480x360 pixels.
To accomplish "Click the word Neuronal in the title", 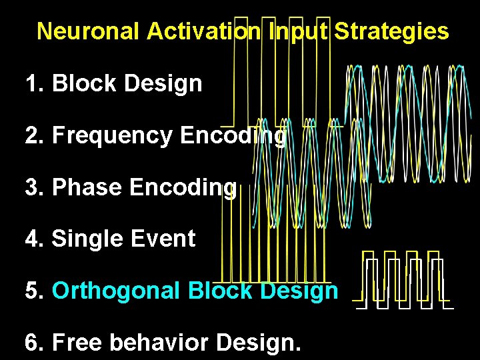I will point(89,31).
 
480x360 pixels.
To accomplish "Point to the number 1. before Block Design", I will point(35,84).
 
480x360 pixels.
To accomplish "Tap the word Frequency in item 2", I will point(113,136).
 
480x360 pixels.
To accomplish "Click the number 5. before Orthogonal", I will point(35,291).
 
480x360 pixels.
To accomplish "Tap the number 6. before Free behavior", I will point(35,343).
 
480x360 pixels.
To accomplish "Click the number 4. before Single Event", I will point(35,239).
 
